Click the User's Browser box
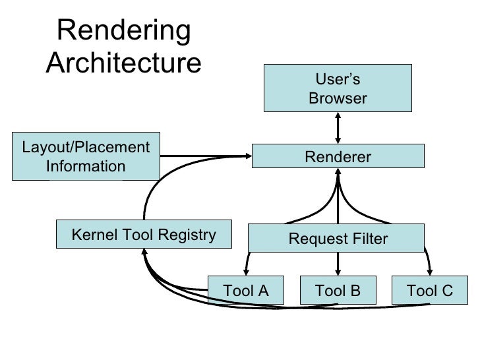click(x=338, y=88)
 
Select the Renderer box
click(x=338, y=157)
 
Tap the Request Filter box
click(x=337, y=239)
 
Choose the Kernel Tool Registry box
click(x=143, y=235)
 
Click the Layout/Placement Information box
click(x=86, y=157)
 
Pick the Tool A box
click(x=246, y=291)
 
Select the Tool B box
click(x=338, y=291)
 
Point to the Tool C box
click(x=430, y=291)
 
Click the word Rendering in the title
click(x=124, y=31)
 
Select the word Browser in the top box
click(x=338, y=98)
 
